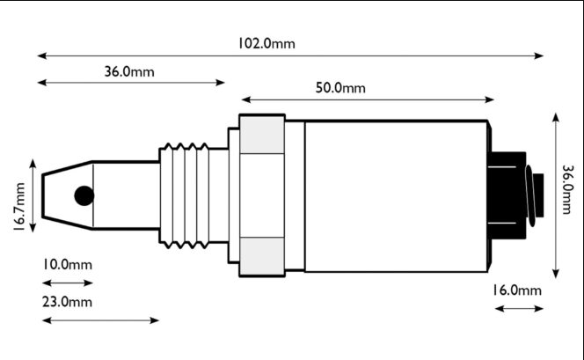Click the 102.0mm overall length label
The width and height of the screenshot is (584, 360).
(x=266, y=43)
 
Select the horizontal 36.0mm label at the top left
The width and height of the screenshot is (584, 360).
(x=129, y=71)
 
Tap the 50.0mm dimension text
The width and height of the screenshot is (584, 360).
(x=340, y=87)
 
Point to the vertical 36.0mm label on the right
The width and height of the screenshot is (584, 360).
(x=566, y=190)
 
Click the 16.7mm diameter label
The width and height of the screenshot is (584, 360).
(x=18, y=207)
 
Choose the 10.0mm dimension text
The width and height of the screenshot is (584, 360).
(x=67, y=265)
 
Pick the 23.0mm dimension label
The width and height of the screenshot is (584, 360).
(x=67, y=302)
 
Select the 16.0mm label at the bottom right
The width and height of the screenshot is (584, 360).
(x=517, y=290)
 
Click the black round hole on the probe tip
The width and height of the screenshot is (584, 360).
(x=84, y=195)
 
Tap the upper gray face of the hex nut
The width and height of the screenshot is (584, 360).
(x=262, y=135)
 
